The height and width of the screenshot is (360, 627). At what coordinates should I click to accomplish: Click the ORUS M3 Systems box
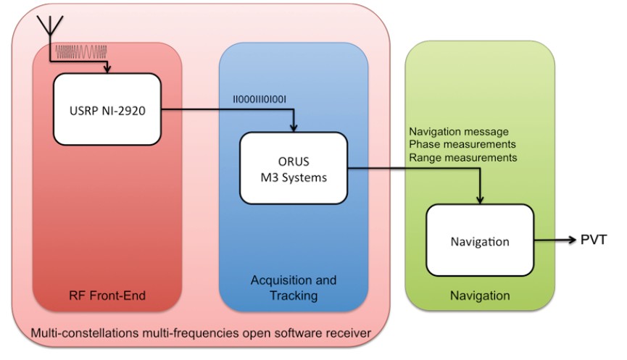point(294,167)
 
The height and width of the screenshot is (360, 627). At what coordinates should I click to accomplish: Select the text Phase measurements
point(455,144)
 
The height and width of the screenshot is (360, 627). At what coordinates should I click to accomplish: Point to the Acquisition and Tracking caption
point(293,287)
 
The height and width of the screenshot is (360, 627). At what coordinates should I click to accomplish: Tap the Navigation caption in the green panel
point(479,296)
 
